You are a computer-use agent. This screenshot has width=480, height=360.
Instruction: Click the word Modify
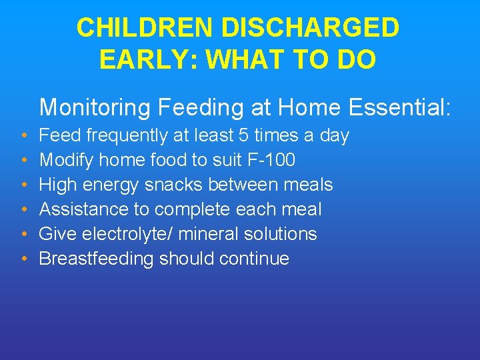(x=66, y=160)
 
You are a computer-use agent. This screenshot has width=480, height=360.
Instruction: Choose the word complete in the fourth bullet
(x=192, y=209)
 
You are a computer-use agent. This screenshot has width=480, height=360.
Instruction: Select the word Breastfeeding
(x=97, y=259)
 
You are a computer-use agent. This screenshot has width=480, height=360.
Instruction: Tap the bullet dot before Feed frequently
(x=23, y=136)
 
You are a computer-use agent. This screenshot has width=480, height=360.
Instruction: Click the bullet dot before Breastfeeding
(x=23, y=259)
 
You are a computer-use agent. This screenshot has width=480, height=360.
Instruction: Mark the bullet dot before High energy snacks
(x=23, y=185)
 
